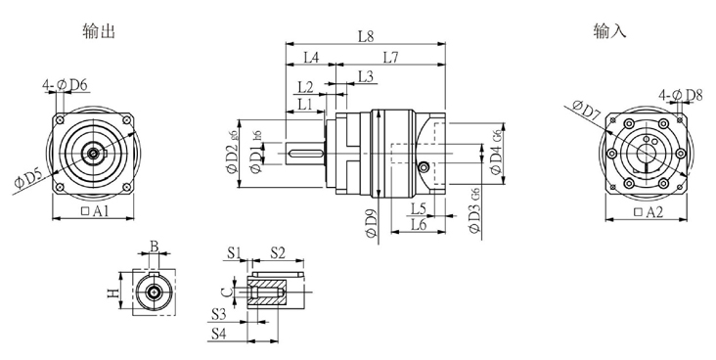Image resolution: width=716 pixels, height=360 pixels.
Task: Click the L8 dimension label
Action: point(366,36)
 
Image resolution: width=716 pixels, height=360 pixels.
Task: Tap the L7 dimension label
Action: point(389,57)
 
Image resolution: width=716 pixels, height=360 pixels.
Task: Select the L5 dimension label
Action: point(418,208)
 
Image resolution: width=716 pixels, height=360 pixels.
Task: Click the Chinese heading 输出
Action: point(100,31)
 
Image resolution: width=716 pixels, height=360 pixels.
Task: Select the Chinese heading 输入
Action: point(608,31)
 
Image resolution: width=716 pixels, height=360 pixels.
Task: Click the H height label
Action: point(112,292)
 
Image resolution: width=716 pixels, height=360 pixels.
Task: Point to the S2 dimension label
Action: point(277,252)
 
